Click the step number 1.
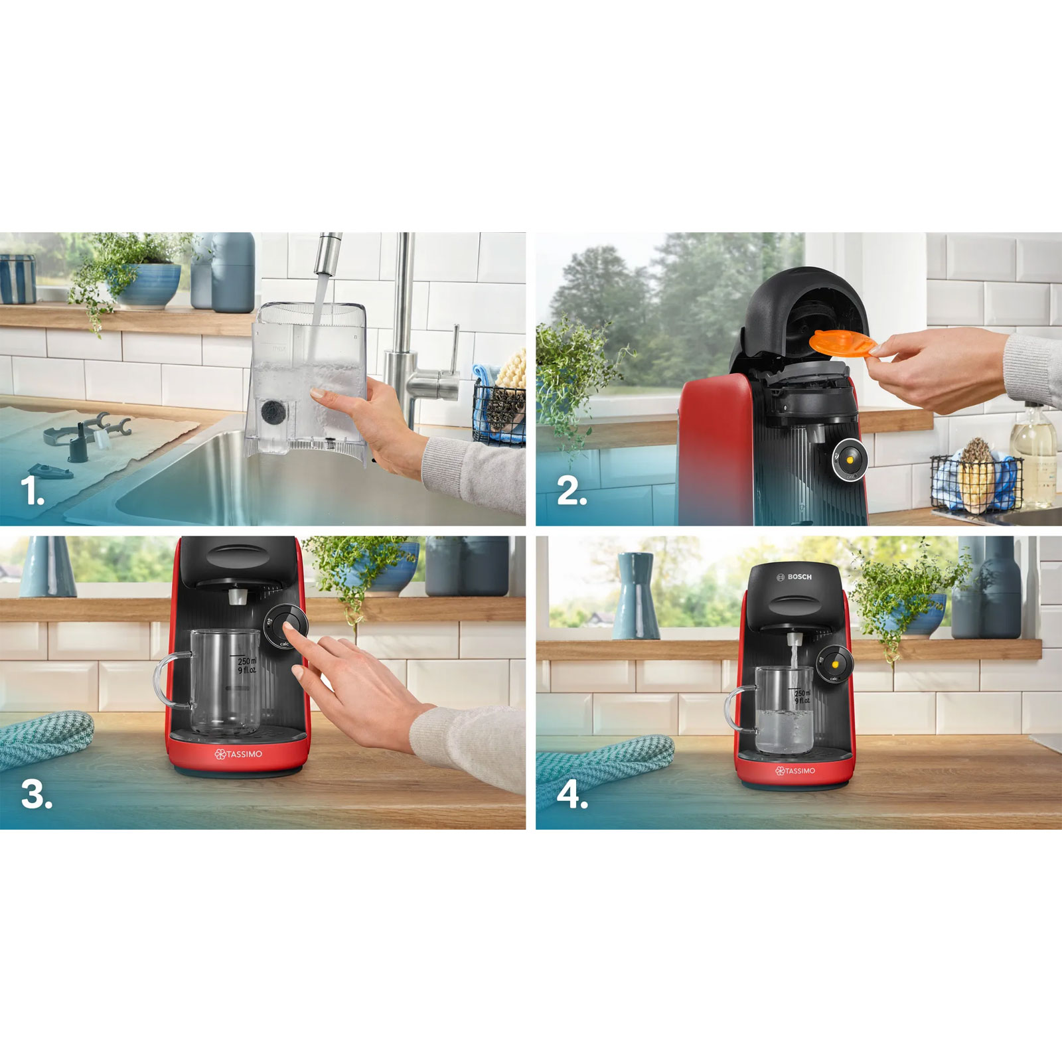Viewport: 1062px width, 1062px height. tap(31, 491)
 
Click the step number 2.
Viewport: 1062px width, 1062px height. tap(571, 491)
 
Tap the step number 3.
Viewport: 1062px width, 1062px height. tap(36, 794)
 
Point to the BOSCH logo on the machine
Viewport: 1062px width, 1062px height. tap(795, 577)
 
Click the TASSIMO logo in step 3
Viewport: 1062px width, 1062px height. tap(238, 754)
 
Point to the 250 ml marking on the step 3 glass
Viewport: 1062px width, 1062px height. tap(246, 662)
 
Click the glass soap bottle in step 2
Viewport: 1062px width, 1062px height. tap(1034, 458)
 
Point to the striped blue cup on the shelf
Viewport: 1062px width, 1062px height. tap(17, 279)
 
